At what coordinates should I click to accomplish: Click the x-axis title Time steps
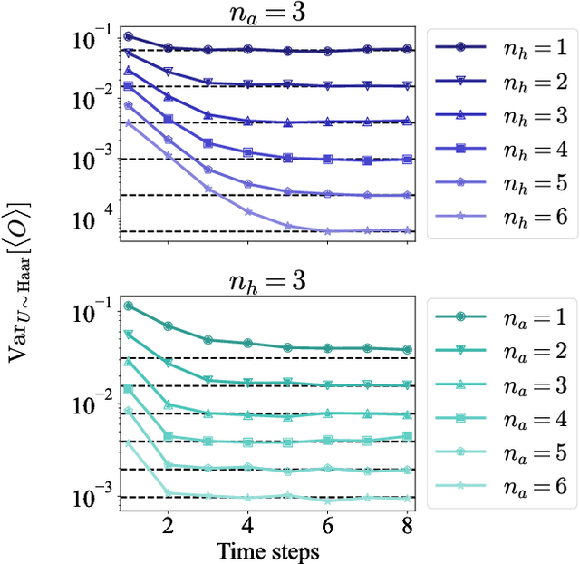[x=266, y=549]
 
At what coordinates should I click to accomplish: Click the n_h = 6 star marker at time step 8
[x=407, y=231]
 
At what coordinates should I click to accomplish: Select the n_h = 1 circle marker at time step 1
[x=128, y=36]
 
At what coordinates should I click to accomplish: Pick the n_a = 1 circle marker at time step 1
[x=128, y=306]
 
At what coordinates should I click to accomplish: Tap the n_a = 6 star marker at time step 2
[x=168, y=493]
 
